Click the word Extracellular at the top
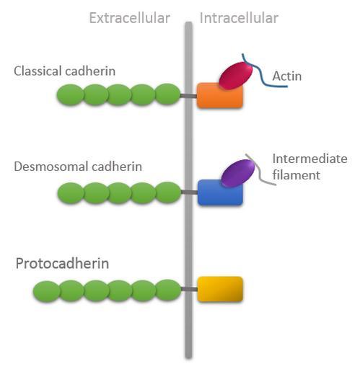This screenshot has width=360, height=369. click(130, 18)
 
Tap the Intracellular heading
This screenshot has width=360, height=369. click(239, 18)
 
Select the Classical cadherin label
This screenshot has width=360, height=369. click(64, 71)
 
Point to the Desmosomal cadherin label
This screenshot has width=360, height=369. click(78, 166)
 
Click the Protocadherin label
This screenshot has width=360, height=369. click(62, 264)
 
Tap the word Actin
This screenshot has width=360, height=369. click(287, 76)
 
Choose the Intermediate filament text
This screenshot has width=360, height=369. click(309, 166)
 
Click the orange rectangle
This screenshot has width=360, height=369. click(220, 96)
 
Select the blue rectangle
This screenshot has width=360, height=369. click(220, 192)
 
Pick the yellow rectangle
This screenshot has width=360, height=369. click(220, 289)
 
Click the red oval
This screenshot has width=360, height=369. click(236, 76)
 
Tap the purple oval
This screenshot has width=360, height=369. click(237, 173)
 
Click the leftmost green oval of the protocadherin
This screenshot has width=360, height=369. click(46, 291)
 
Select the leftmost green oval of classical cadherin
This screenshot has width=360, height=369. click(71, 95)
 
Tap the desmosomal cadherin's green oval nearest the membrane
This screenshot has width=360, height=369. click(168, 192)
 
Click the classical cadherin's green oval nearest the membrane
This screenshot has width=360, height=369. click(167, 94)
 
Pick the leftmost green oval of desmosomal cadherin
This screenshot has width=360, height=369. click(71, 193)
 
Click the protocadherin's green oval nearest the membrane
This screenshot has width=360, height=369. click(168, 290)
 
